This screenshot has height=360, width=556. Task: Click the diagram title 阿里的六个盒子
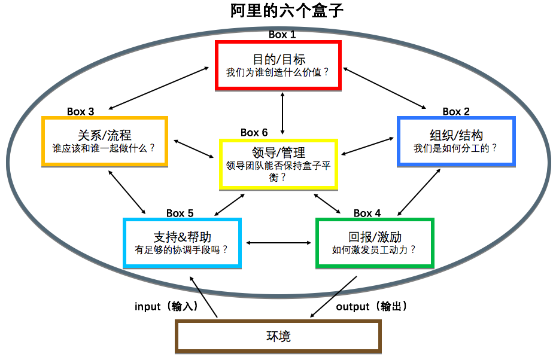[x=287, y=11]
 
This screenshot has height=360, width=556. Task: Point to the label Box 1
[x=282, y=35]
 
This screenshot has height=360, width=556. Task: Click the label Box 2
[x=456, y=111]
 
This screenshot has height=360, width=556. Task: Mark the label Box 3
[x=80, y=111]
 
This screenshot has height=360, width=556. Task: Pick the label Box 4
[x=367, y=213]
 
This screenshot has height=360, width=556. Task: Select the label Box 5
[x=180, y=213]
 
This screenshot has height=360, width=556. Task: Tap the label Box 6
[x=254, y=132]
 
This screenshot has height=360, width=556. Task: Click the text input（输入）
[x=166, y=307]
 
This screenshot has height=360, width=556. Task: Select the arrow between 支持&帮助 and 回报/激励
[x=278, y=243]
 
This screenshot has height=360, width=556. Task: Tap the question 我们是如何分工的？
[x=455, y=148]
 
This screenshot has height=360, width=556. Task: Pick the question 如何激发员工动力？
[x=374, y=250]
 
